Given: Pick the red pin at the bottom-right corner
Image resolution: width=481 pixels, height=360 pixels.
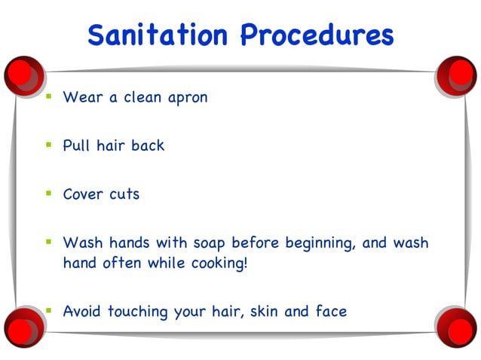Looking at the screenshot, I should [457, 326].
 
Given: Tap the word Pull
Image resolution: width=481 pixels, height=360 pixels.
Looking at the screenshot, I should [77, 146].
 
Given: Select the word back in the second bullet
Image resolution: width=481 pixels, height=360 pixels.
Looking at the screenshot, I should [148, 146].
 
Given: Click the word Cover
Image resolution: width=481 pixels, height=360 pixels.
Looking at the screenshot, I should [83, 194].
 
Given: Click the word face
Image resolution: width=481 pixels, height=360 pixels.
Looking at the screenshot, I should [330, 311].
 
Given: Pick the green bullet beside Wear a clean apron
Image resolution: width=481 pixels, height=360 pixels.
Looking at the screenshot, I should [48, 97].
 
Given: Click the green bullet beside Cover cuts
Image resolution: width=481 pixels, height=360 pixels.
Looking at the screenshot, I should [48, 194].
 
